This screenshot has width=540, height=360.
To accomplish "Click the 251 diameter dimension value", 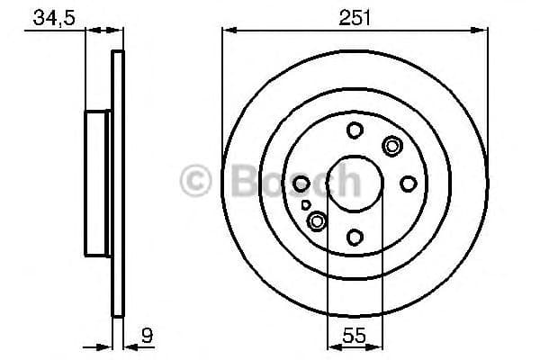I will tap(355, 17).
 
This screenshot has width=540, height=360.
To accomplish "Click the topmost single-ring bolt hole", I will tap(355, 130).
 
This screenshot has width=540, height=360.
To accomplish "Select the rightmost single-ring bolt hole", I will tap(408, 184).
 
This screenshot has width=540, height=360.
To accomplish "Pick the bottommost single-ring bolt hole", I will tap(355, 237).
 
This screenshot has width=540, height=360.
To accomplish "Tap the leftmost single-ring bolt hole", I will tap(301, 184).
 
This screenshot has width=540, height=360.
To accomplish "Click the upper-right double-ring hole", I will tap(392, 145).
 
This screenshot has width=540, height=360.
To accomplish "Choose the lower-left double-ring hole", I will tap(317, 220).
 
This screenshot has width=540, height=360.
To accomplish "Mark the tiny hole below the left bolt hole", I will tap(306, 205).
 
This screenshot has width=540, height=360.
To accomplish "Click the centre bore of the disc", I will tap(355, 184).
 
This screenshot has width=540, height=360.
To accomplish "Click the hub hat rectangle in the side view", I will tap(97, 184).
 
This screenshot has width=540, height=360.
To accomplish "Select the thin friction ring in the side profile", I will tap(116, 184).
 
